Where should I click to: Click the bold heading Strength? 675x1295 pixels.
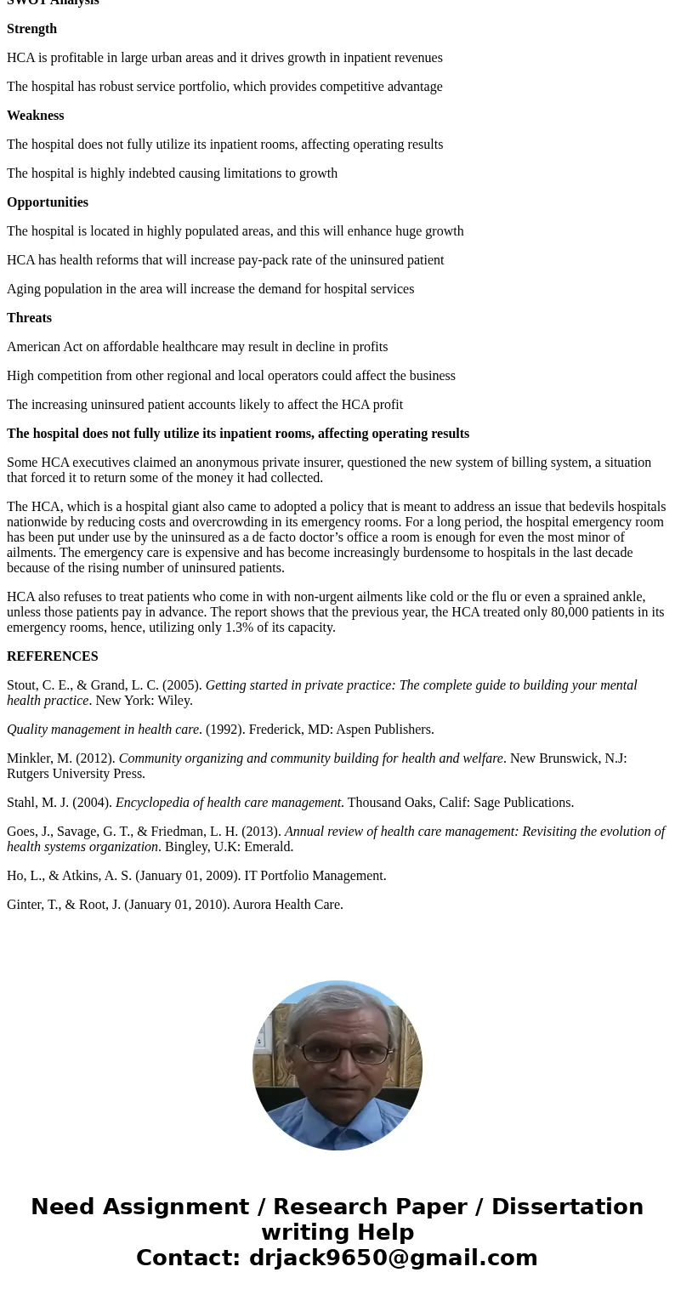tap(31, 29)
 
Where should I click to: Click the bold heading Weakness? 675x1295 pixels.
tap(35, 116)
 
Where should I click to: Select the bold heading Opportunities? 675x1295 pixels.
tap(48, 202)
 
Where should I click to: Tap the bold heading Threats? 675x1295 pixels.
tap(29, 318)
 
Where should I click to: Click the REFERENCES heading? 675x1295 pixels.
tap(52, 656)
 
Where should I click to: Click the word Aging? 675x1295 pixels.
tap(24, 289)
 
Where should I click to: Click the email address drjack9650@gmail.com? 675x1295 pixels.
tap(393, 1258)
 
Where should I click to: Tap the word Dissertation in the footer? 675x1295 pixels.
tap(567, 1207)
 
